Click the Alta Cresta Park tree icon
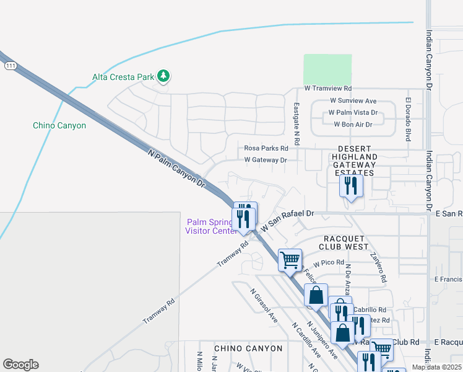click(x=163, y=76)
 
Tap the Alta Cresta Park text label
click(x=123, y=77)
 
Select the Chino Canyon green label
click(x=59, y=125)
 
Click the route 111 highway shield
click(x=9, y=65)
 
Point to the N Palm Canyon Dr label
click(x=176, y=167)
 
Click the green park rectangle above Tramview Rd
click(x=327, y=69)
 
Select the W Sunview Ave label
click(x=353, y=100)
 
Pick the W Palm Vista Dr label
click(x=353, y=113)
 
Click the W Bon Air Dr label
click(x=353, y=125)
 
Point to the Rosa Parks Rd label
click(x=266, y=148)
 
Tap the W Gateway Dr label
click(x=266, y=160)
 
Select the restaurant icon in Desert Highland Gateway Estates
click(x=351, y=186)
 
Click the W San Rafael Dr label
click(x=287, y=219)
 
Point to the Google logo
click(x=20, y=365)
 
